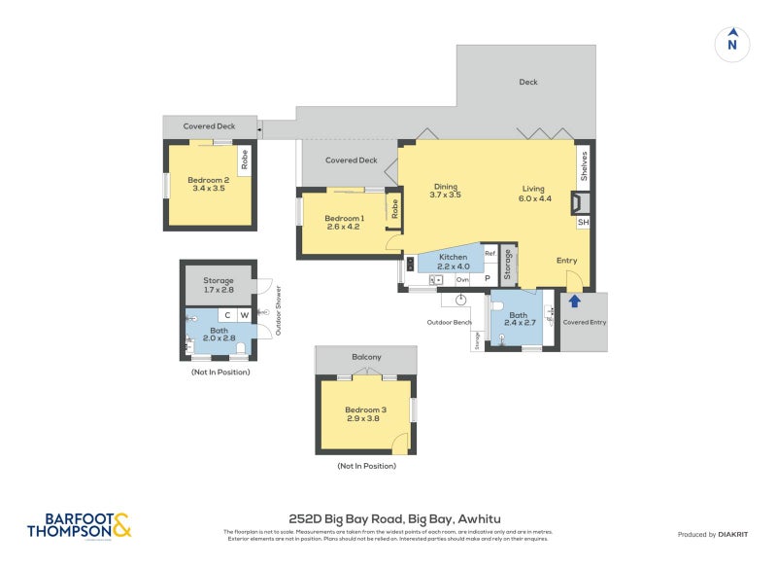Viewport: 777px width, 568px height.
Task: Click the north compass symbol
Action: point(732,43)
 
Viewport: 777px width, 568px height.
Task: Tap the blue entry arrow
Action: point(574,302)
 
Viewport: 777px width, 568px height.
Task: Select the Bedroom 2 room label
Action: point(208,184)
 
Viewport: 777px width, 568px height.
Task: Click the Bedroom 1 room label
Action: point(344,222)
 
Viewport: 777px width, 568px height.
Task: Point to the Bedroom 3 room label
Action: point(365,414)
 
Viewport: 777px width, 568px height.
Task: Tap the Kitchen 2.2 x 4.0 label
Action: point(453,261)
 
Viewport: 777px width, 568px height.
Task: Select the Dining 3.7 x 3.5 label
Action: point(445,191)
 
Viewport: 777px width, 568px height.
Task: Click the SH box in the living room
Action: point(584,223)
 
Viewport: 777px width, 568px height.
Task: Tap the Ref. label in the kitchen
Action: point(490,254)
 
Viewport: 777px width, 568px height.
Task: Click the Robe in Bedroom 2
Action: point(245,160)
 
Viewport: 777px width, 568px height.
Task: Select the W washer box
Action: point(244,315)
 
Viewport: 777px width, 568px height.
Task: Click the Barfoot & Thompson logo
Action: point(80,525)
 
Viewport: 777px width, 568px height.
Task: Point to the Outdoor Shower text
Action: point(278,310)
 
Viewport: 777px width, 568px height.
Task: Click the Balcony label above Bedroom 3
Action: point(366,358)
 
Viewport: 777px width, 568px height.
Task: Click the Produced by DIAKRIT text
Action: point(717,534)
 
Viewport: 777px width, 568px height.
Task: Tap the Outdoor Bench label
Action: point(450,322)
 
